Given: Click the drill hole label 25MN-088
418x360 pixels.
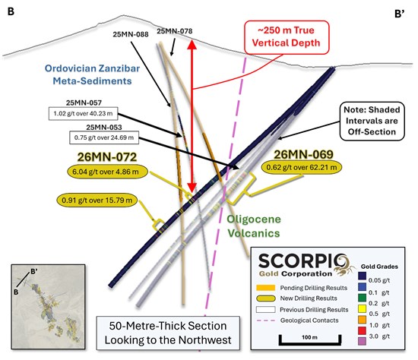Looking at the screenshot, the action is [131, 34].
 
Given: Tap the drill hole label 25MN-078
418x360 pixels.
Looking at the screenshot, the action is [174, 31].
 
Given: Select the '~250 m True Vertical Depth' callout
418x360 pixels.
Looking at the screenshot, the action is [287, 36].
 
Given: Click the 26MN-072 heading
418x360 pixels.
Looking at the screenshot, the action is [107, 157].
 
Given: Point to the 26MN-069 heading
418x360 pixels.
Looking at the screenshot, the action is [304, 154].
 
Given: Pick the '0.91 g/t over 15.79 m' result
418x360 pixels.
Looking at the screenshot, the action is [97, 200].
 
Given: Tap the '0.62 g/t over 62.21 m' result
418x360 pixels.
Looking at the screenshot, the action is [302, 167].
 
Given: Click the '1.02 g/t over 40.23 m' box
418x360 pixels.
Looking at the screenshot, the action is [83, 113].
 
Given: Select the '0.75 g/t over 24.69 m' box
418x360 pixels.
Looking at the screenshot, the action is [104, 137].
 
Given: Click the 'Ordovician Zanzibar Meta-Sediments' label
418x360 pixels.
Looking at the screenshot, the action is [92, 74].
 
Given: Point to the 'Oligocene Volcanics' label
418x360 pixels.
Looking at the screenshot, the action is [254, 226].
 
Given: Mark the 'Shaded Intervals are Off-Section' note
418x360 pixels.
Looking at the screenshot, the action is [372, 121].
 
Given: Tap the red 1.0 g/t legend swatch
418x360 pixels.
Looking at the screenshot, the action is [362, 330].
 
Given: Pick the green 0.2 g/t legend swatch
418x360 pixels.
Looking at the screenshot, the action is [362, 298].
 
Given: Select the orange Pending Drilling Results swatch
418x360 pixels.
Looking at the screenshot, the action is [265, 288].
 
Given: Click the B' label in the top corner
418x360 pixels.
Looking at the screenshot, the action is [399, 14].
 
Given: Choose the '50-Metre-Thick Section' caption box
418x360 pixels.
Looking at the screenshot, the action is [168, 333].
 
